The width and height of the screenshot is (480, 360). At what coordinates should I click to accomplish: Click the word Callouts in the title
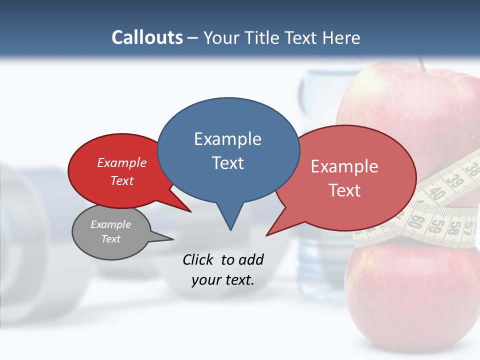[147, 37]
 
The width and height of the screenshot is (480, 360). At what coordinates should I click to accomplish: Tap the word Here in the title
[340, 37]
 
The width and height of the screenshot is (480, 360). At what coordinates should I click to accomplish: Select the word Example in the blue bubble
[227, 139]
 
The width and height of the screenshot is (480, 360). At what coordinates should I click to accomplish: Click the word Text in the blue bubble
[227, 163]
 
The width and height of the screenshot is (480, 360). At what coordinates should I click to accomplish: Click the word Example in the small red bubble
[121, 163]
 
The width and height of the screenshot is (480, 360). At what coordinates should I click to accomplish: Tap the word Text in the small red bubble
[121, 180]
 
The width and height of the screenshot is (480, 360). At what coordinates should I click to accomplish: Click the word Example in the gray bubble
[110, 224]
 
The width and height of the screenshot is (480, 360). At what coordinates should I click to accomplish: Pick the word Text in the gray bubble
[110, 239]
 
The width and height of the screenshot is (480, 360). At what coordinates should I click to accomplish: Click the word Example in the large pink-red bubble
[344, 166]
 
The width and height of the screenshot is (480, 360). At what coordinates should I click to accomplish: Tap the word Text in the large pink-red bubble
[344, 190]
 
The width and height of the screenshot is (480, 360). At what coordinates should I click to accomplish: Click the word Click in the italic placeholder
[198, 259]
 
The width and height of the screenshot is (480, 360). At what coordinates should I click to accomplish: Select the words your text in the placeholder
[222, 280]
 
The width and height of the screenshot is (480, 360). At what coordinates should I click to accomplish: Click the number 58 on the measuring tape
[453, 227]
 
